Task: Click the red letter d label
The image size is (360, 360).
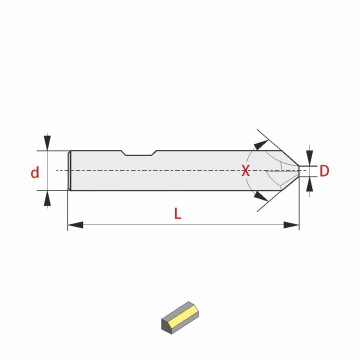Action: pos(35,173)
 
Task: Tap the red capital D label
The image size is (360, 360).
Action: pos(324,171)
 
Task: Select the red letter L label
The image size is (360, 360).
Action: pos(178,214)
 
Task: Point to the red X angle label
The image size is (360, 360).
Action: pos(245,171)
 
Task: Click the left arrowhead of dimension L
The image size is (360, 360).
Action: pos(75,225)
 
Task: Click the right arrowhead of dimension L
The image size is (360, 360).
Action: pos(291,225)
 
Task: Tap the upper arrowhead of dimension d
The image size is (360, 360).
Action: pos(47,142)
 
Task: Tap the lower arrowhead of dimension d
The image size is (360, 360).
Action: pos(47,199)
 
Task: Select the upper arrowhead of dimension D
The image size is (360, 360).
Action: pos(310,157)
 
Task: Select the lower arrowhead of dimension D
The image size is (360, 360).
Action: pos(310,185)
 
